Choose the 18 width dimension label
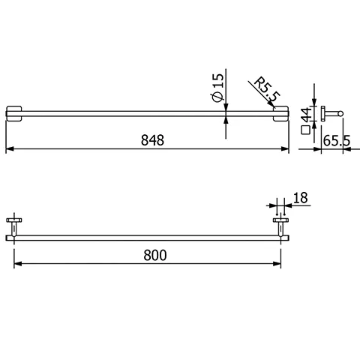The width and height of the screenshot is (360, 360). pos(299,199)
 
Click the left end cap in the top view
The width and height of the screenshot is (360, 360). pos(15,113)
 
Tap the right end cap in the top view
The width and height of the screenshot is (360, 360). pos(281,113)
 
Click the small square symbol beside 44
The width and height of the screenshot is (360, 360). pos(304,130)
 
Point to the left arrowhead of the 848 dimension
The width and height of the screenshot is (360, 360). pos(9,150)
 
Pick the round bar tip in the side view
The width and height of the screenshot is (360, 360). pos(341,113)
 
